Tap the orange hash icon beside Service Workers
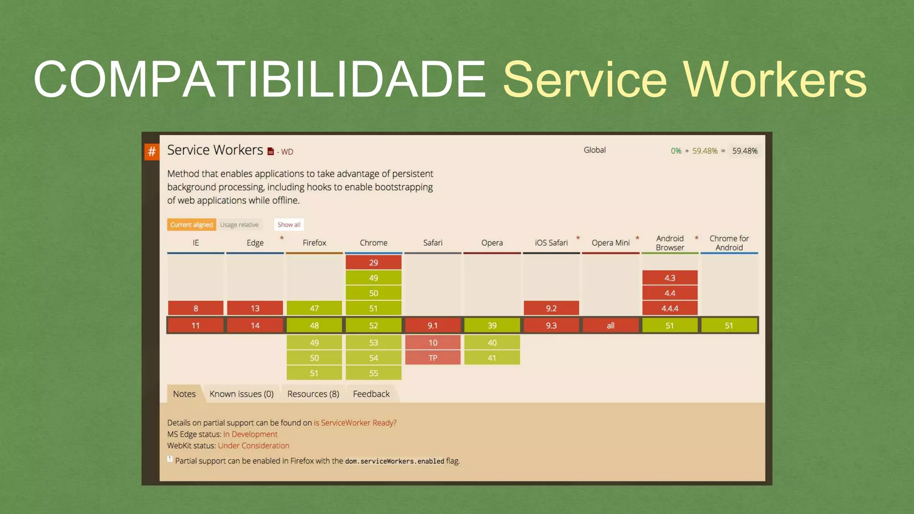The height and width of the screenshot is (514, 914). [152, 152]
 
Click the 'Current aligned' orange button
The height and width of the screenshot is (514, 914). [191, 224]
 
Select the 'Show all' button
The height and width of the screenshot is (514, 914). [289, 224]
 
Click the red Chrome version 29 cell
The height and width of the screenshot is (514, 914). [374, 262]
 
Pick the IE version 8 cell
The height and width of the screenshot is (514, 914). [195, 308]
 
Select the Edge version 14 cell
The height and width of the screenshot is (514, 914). [255, 325]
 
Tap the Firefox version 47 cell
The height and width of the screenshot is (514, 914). [314, 308]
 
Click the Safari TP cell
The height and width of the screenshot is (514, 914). [432, 357]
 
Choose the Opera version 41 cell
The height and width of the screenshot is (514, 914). [492, 357]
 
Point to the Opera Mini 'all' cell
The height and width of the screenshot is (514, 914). [611, 325]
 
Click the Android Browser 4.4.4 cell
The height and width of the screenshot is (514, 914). [669, 308]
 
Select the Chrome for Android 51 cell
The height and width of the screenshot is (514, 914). [729, 325]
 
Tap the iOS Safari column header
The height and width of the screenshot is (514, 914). [551, 243]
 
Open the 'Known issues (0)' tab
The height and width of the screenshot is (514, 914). [241, 394]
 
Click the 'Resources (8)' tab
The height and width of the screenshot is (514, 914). [313, 394]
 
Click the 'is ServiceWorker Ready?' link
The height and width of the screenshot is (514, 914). [355, 423]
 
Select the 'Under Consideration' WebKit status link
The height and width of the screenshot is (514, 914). [253, 445]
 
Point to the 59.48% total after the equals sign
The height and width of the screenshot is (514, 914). [744, 151]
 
